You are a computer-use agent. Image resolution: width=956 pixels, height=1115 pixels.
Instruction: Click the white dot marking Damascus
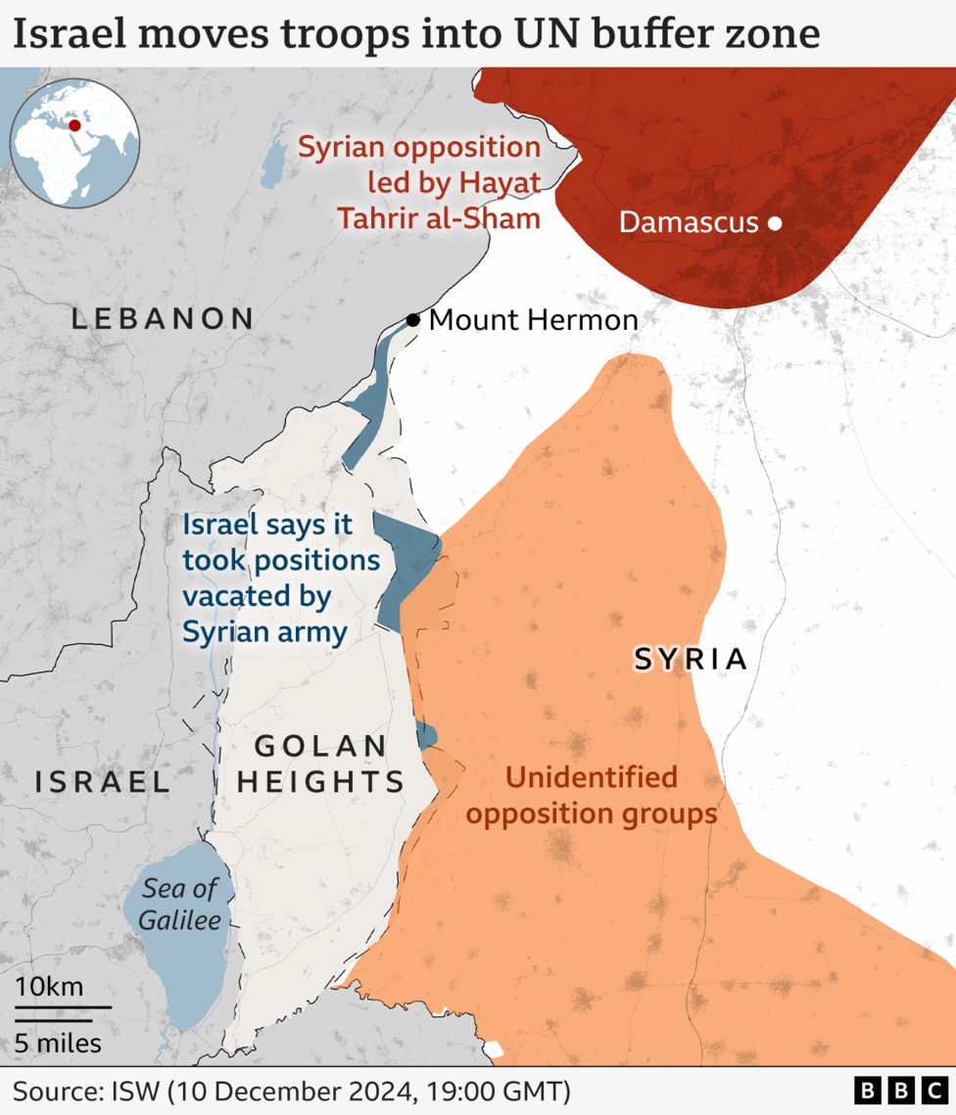pyautogui.click(x=774, y=223)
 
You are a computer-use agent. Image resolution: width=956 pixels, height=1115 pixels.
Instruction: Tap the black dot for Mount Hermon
pyautogui.click(x=413, y=320)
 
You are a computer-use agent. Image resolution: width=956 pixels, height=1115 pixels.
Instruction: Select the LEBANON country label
pyautogui.click(x=163, y=318)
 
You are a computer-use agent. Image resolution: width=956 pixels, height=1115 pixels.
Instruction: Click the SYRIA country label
pyautogui.click(x=691, y=660)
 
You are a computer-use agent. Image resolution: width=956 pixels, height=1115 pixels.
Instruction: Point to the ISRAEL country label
pyautogui.click(x=102, y=781)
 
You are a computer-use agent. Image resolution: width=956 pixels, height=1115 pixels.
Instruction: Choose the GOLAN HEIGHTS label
pyautogui.click(x=321, y=765)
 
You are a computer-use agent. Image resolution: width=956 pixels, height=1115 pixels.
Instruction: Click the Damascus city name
pyautogui.click(x=689, y=223)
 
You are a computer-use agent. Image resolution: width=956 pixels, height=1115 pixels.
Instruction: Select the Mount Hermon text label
pyautogui.click(x=534, y=320)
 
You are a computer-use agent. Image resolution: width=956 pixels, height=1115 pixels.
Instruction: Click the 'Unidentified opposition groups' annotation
pyautogui.click(x=592, y=795)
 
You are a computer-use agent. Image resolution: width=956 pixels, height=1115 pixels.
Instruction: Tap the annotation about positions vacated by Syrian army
pyautogui.click(x=280, y=578)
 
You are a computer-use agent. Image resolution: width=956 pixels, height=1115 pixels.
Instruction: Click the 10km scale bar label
pyautogui.click(x=49, y=986)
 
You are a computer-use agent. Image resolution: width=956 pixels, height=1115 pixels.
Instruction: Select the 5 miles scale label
pyautogui.click(x=58, y=1044)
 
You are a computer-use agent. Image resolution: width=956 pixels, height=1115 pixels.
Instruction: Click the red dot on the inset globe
pyautogui.click(x=74, y=127)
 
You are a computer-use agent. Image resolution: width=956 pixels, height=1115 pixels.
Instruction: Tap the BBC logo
pyautogui.click(x=898, y=1091)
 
